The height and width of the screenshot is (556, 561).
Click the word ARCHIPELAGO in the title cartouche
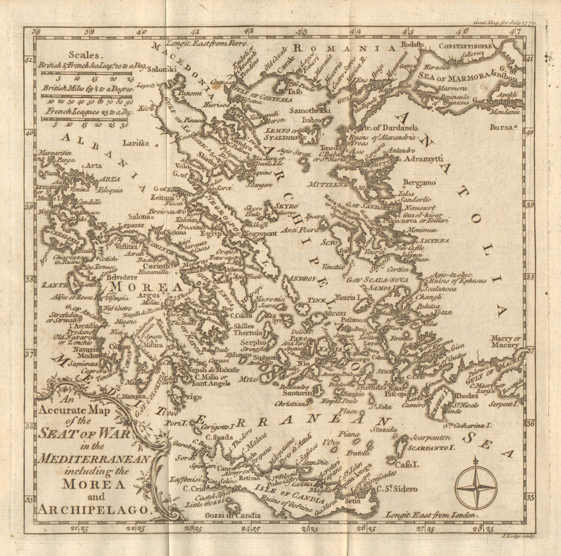point(95,509)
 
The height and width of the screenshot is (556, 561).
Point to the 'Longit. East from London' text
point(431,514)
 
